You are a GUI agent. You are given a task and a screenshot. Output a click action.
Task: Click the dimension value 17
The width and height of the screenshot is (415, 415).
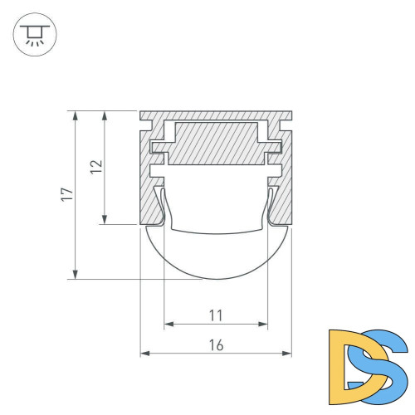(67, 195)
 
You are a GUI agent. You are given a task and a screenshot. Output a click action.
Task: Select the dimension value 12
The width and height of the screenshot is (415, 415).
(96, 166)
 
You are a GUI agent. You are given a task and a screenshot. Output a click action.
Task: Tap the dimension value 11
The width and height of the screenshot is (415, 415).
(216, 315)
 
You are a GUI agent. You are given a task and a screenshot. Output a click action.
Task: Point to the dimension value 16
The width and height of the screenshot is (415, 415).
(216, 345)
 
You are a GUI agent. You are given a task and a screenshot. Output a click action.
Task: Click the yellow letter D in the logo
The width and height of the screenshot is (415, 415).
(348, 361)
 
